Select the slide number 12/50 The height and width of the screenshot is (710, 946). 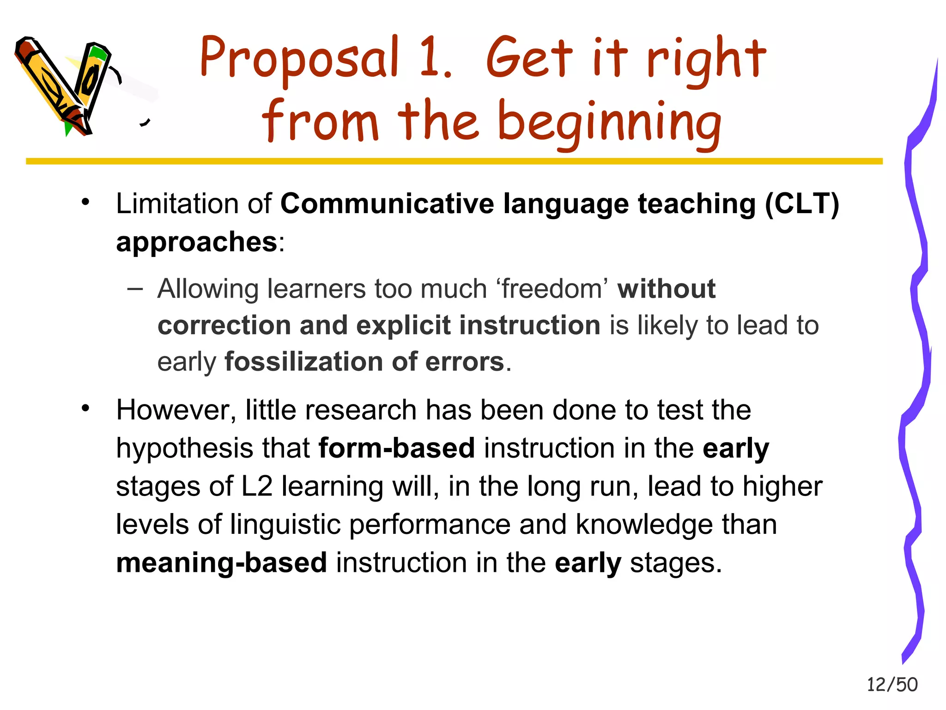click(x=891, y=685)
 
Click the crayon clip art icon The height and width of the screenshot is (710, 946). click(x=65, y=86)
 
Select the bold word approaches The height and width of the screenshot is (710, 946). click(x=196, y=242)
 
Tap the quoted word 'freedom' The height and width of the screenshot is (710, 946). click(x=552, y=289)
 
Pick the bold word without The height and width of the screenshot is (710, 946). click(x=667, y=289)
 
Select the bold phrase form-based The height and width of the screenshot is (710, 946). click(x=396, y=448)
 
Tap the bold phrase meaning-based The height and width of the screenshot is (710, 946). click(x=221, y=563)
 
